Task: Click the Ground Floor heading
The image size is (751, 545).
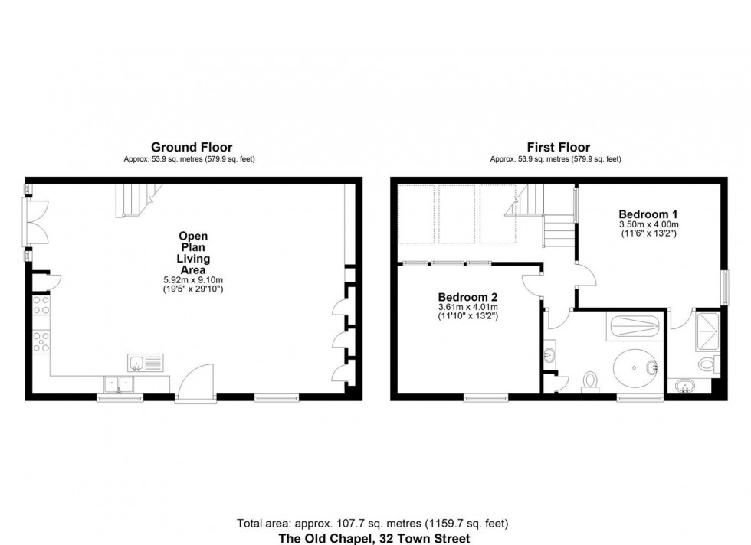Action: [192, 147]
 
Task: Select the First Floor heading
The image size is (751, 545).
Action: [558, 147]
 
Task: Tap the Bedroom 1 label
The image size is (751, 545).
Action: [648, 214]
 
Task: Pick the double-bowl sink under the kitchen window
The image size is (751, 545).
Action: [119, 383]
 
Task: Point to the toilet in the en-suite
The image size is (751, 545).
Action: [709, 364]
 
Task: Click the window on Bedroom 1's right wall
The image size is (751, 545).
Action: [724, 289]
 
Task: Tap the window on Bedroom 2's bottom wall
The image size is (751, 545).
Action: [486, 397]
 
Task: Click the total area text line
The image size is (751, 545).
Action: [372, 524]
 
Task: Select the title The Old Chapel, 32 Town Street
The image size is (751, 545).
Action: [372, 537]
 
